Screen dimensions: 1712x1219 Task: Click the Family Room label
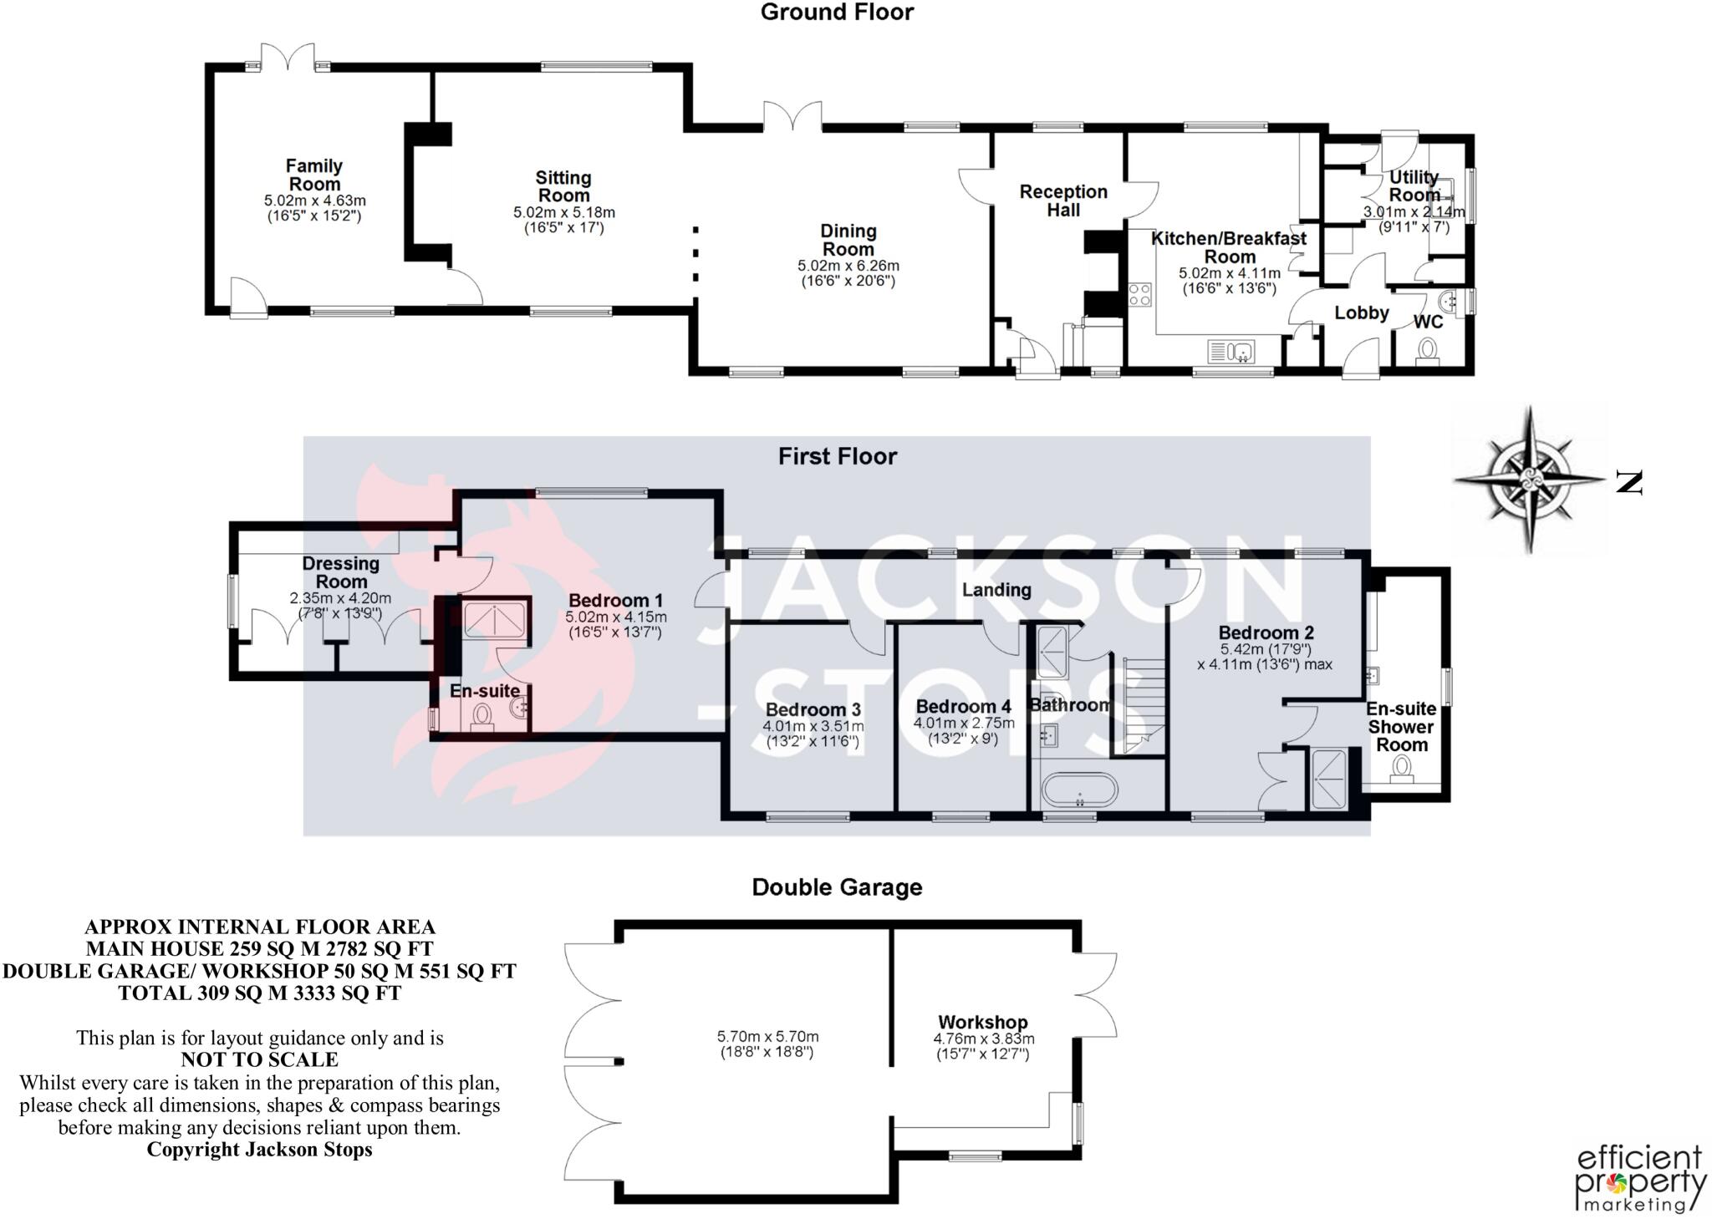[314, 175]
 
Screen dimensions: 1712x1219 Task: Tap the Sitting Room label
[563, 186]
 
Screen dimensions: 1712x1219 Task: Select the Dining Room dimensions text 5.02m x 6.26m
[848, 266]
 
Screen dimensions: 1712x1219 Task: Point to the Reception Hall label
[1063, 201]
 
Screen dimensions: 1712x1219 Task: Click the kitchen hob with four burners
[1139, 295]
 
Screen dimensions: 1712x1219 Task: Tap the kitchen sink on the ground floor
[1231, 352]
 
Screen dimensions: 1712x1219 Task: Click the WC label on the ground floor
[1428, 322]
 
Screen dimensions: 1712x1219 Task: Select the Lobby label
[1362, 312]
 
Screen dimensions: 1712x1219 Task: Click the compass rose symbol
[1531, 480]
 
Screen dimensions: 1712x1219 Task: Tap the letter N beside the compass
[1629, 482]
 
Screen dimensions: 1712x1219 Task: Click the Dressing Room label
[341, 572]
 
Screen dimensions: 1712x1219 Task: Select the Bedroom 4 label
[964, 707]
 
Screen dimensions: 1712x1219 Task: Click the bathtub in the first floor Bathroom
[1079, 788]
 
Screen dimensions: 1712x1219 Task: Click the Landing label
[996, 590]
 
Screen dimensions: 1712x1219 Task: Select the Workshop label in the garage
[983, 1022]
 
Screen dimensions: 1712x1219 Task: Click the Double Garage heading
[838, 887]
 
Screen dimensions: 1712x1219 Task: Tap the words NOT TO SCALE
[260, 1059]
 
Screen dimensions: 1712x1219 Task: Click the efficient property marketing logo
[1640, 1179]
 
